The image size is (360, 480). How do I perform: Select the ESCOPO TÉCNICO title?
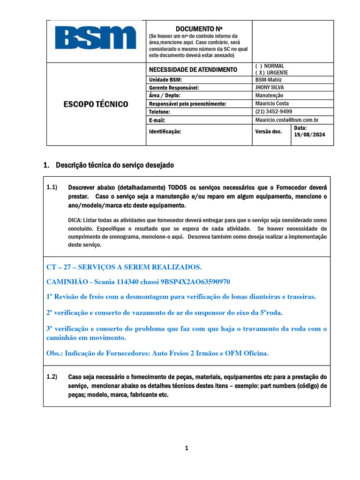click(x=96, y=104)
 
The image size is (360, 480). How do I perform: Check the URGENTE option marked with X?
click(x=272, y=73)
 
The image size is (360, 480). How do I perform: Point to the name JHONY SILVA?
click(x=269, y=87)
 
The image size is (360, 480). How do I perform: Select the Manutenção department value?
click(x=269, y=95)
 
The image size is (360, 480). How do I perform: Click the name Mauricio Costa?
click(x=272, y=103)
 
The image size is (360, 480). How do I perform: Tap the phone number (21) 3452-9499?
click(x=274, y=112)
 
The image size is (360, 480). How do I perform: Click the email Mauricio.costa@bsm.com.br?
click(x=287, y=120)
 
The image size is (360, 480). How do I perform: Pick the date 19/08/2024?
click(x=309, y=135)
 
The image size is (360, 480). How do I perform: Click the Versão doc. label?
click(x=269, y=132)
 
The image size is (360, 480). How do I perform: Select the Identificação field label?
click(x=165, y=132)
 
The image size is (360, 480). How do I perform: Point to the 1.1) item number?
click(x=52, y=187)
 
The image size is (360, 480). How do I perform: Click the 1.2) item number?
click(x=52, y=376)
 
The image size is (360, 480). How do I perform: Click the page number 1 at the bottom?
click(x=186, y=448)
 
